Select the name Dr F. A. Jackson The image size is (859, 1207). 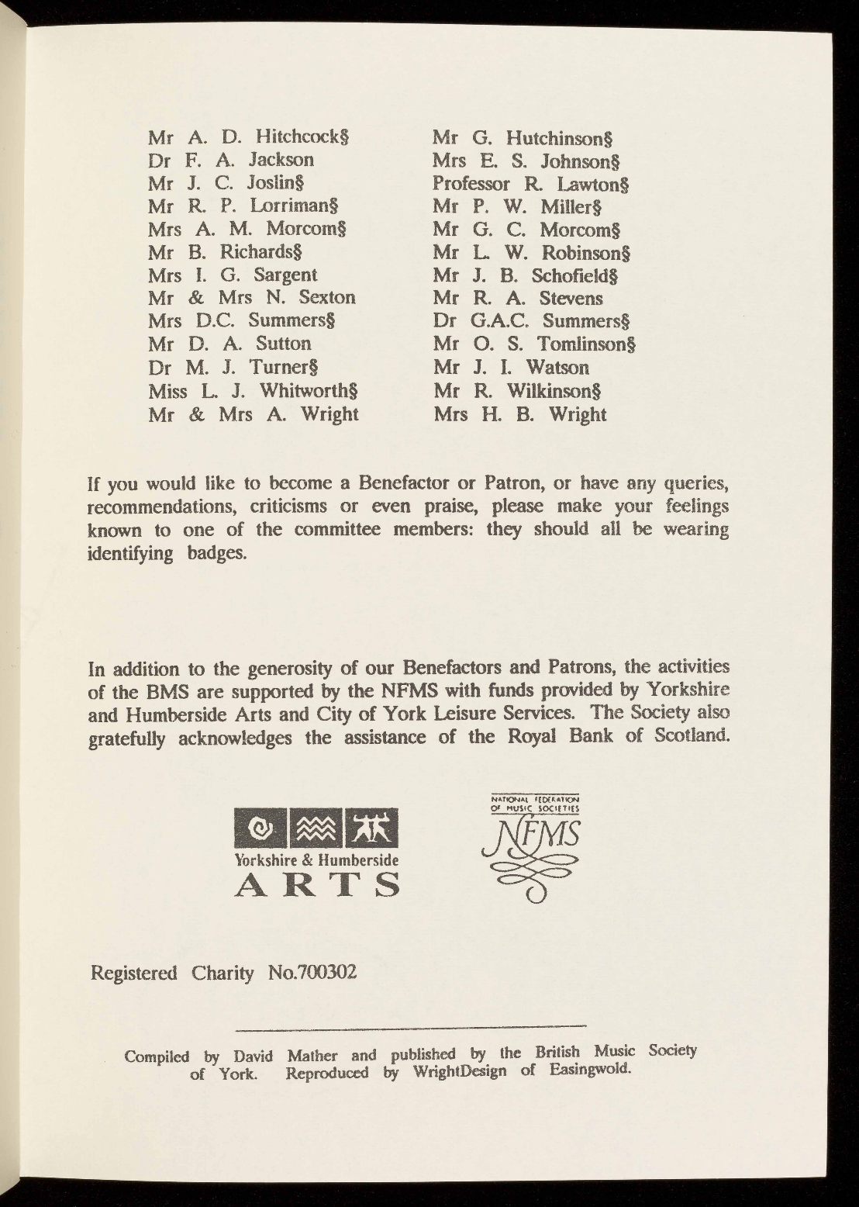pyautogui.click(x=231, y=161)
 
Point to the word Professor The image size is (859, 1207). pyautogui.click(x=471, y=185)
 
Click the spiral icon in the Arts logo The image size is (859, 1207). pyautogui.click(x=260, y=829)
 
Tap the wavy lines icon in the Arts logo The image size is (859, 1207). pyautogui.click(x=317, y=829)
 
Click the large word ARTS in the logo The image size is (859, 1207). pyautogui.click(x=317, y=884)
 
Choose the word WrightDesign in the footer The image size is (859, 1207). pyautogui.click(x=459, y=1074)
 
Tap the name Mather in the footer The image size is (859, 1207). pyautogui.click(x=313, y=1056)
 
